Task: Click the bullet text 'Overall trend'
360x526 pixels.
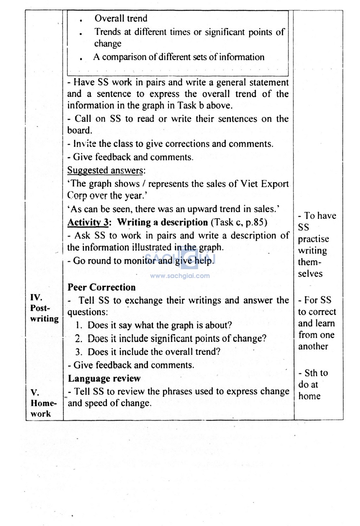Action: [121, 18]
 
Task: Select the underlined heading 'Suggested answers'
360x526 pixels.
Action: [105, 170]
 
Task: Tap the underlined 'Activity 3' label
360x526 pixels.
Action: [88, 222]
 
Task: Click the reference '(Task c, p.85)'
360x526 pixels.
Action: [239, 222]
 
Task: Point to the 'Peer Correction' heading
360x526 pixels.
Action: [101, 287]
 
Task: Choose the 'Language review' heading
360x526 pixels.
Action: [104, 378]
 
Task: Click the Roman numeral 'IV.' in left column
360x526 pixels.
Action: [36, 297]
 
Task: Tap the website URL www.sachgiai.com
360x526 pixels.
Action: [180, 276]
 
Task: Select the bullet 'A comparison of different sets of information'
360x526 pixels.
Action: [179, 57]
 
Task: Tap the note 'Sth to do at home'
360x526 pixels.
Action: [313, 384]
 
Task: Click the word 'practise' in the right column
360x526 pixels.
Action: [313, 239]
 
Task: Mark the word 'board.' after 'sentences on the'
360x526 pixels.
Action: [80, 131]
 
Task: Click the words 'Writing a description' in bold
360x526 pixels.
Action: [162, 222]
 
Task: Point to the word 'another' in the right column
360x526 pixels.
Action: [313, 347]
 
